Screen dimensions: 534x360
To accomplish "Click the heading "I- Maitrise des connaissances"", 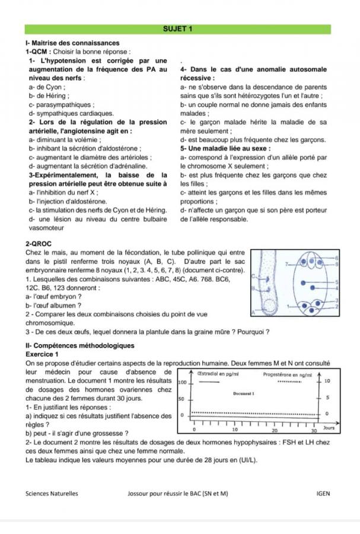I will click(72, 43).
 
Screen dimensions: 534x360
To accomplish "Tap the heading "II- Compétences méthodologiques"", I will click(80, 345).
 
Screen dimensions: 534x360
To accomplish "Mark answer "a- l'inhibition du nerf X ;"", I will click(63, 193).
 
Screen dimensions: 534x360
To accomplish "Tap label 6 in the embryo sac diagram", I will click(338, 259).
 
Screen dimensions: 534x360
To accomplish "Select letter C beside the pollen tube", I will click(253, 276).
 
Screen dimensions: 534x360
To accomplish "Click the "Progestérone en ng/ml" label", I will click(291, 374).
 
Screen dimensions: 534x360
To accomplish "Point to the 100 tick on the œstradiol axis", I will click(183, 383).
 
